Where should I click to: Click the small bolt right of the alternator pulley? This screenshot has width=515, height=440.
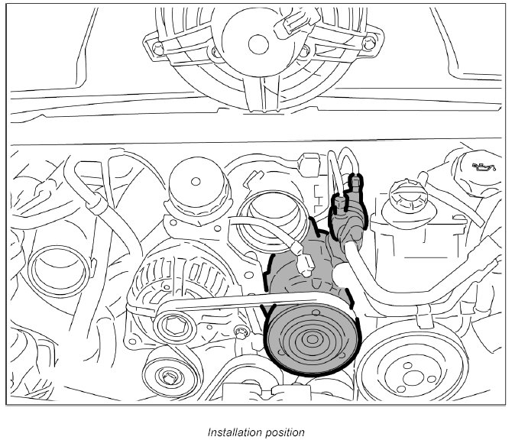pos(241,331)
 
